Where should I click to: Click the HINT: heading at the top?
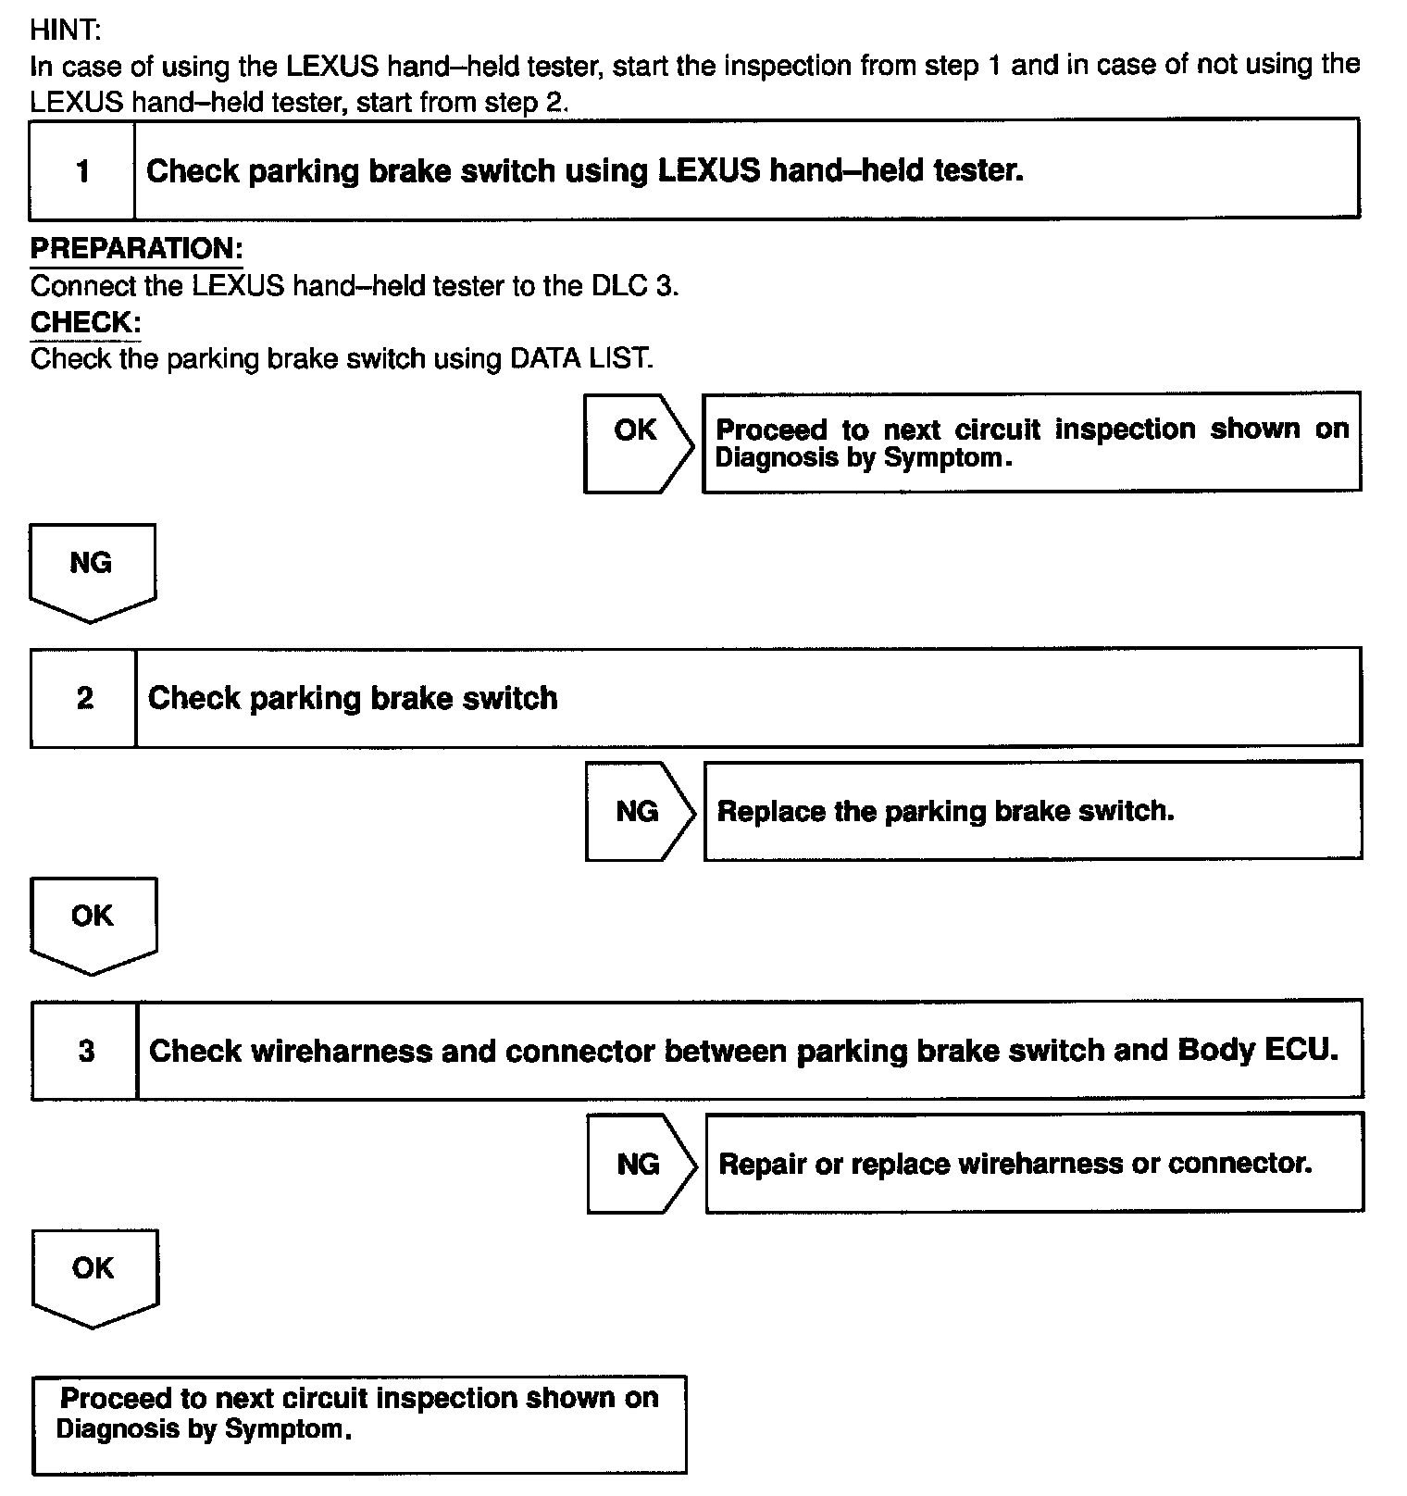(65, 30)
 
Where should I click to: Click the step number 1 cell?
(82, 170)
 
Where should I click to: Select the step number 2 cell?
(84, 697)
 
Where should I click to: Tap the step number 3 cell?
(86, 1051)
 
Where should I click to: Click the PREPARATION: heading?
(136, 248)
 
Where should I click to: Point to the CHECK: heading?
(85, 322)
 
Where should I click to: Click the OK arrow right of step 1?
(637, 442)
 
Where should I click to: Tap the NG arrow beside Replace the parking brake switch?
(639, 812)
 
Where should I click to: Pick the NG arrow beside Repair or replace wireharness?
(640, 1164)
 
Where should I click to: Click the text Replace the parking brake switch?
(945, 811)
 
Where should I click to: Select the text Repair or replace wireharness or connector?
(1015, 1163)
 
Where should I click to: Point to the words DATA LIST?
(580, 358)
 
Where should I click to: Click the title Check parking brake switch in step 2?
(353, 697)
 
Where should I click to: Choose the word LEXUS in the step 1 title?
(709, 170)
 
